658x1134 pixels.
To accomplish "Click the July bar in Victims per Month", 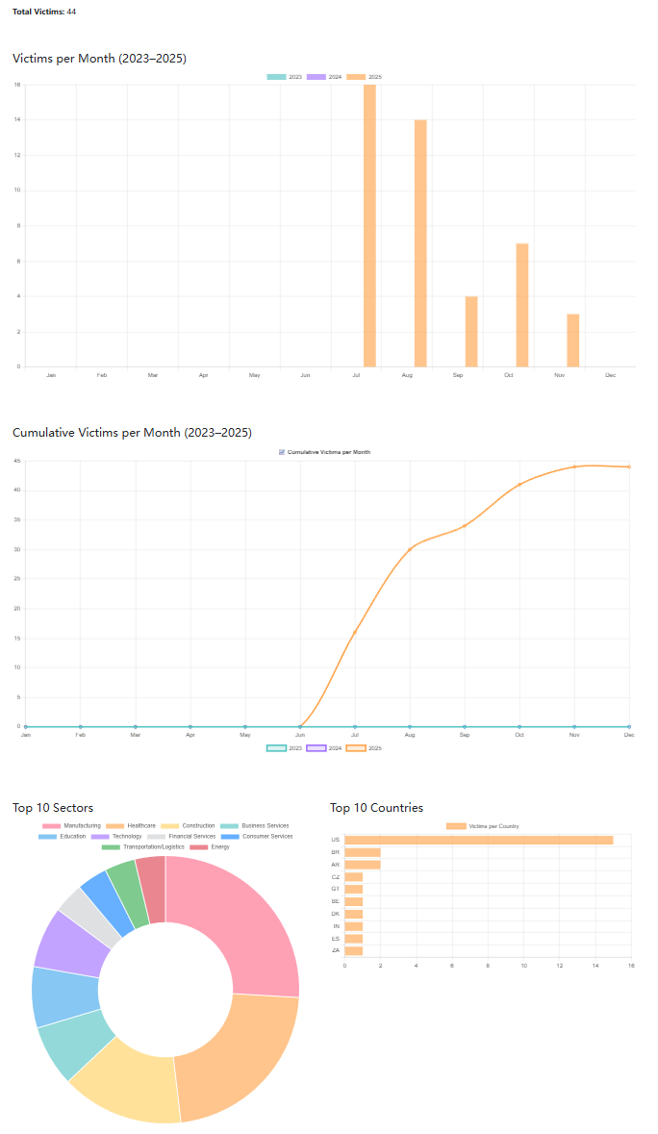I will point(369,226).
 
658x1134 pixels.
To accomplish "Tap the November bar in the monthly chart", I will point(572,340).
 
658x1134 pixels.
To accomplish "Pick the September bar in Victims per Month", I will point(471,331).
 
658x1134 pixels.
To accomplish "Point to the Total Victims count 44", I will point(71,12).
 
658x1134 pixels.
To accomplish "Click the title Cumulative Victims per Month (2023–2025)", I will point(132,432).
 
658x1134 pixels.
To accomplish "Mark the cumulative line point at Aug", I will point(410,549).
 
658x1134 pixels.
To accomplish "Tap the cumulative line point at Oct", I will point(519,485).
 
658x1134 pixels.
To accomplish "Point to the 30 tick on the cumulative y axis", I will point(17,549).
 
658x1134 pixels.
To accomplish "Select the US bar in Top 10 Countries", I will point(478,840).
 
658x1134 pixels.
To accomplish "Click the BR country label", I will point(335,852).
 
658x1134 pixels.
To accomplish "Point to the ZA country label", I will point(335,950).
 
